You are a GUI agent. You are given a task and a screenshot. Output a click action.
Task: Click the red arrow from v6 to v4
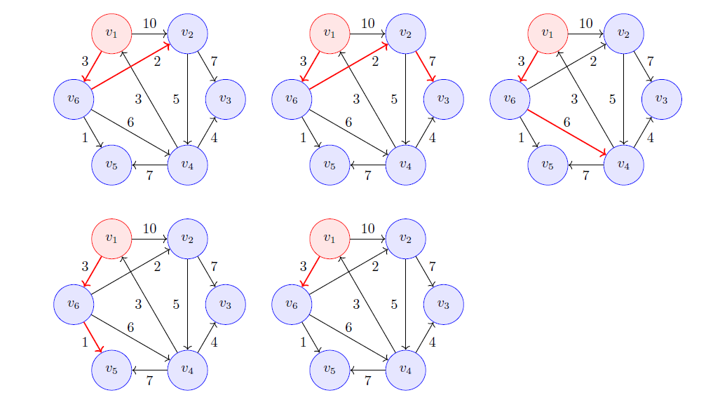(566, 132)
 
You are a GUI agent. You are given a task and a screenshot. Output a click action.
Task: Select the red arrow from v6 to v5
(93, 337)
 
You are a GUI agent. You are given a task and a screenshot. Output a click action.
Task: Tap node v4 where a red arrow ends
(623, 165)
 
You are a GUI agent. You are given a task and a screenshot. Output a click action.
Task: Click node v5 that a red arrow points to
(111, 370)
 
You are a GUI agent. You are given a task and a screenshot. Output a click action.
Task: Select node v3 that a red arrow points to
(444, 99)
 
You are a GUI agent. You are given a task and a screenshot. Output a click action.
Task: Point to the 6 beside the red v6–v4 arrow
(566, 122)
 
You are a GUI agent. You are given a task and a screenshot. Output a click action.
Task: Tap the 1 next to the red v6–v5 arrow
(85, 342)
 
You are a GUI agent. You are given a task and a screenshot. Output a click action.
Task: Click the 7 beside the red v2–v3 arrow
(432, 61)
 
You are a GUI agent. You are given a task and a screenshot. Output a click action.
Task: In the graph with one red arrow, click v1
(330, 239)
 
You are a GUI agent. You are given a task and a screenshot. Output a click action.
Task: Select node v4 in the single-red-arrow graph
(405, 370)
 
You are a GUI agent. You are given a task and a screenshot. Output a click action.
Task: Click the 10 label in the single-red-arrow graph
(367, 228)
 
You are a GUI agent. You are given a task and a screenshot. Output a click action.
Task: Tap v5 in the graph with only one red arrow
(330, 370)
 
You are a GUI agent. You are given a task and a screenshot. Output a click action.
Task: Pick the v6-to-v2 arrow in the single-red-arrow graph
(348, 272)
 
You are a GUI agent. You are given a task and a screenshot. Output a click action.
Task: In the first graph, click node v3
(226, 99)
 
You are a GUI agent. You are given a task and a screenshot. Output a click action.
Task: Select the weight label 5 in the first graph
(176, 99)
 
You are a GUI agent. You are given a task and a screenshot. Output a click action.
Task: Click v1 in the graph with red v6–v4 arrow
(548, 34)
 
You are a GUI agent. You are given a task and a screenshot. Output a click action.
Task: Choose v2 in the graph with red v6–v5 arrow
(187, 239)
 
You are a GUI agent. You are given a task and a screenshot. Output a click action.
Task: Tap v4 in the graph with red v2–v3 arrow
(405, 165)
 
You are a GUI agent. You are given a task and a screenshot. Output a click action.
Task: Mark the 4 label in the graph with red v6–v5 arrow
(214, 342)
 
